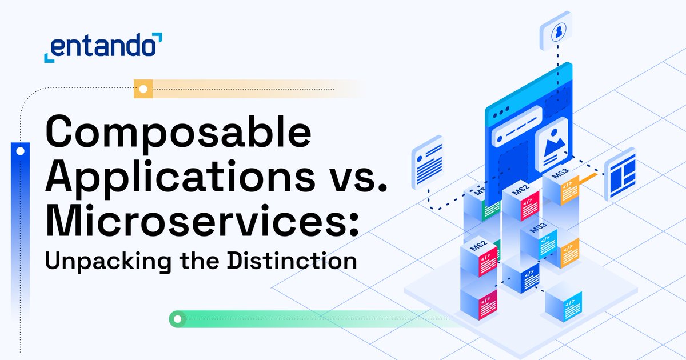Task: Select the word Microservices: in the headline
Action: [203, 220]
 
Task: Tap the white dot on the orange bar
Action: [142, 89]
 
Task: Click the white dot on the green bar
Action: [177, 318]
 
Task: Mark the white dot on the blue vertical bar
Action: [20, 151]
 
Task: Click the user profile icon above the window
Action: [556, 33]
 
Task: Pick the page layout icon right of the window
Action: [620, 174]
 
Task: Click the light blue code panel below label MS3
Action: [547, 246]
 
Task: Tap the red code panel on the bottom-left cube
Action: [488, 303]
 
